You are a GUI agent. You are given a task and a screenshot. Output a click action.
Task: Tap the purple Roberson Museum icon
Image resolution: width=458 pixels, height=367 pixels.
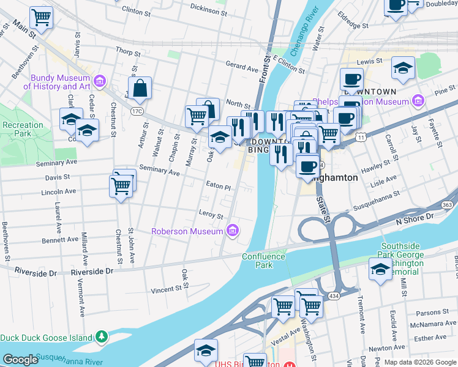point(233,231)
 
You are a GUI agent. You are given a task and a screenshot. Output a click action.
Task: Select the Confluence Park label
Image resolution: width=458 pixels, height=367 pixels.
point(264,261)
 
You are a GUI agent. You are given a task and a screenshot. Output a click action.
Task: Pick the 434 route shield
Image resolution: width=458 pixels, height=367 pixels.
point(332,295)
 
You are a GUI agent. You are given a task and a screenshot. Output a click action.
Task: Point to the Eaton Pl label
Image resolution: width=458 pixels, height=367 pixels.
point(218,185)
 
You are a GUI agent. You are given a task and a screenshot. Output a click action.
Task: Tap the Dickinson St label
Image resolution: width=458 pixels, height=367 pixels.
point(208,9)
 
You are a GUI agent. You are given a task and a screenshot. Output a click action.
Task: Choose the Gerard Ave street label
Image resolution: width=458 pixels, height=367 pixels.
point(242,67)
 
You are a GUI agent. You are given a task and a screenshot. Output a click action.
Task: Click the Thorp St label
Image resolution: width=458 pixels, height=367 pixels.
point(127,53)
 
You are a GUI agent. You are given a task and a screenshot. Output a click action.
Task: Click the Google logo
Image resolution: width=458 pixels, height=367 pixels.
point(20,360)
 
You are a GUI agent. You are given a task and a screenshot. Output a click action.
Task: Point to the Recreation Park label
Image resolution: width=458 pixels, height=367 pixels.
point(23,129)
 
